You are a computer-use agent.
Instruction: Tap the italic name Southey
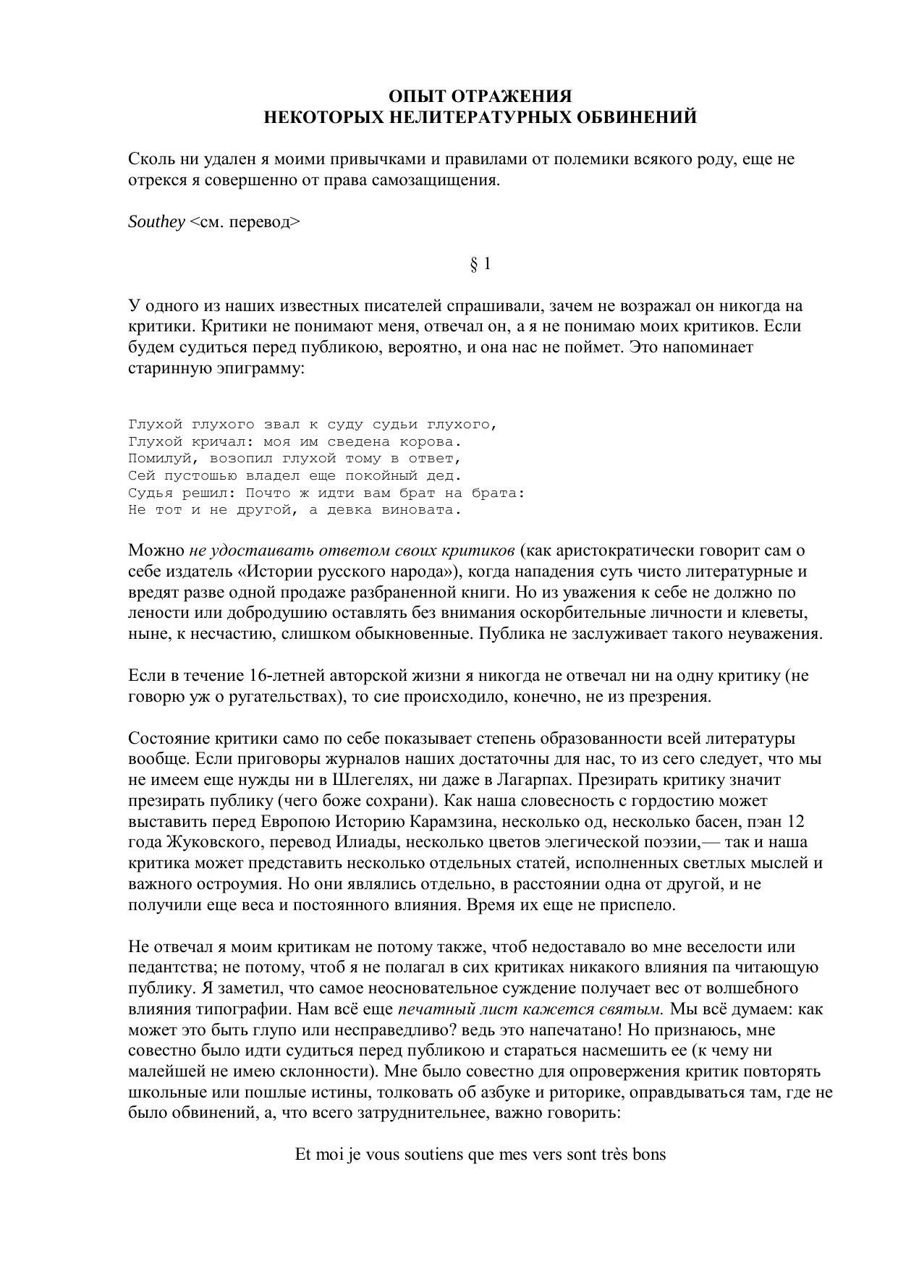tap(156, 222)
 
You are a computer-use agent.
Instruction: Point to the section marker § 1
tap(480, 264)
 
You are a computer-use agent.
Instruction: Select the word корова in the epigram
tap(430, 441)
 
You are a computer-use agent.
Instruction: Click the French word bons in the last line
tap(649, 1155)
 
